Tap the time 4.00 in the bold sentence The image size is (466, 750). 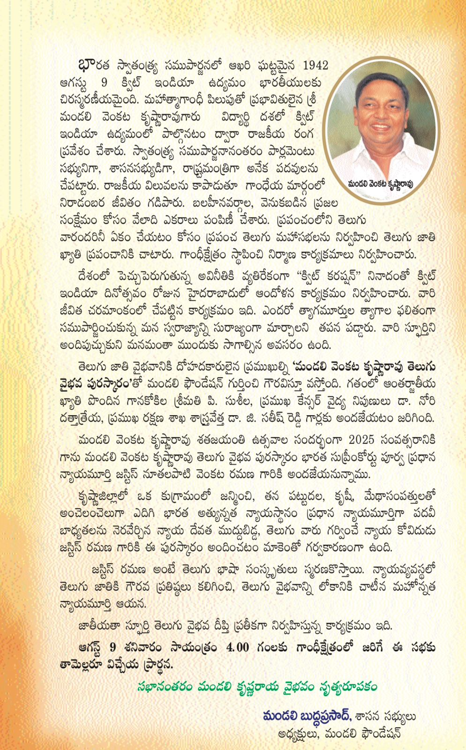(x=237, y=647)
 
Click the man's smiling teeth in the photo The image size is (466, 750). (x=381, y=127)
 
